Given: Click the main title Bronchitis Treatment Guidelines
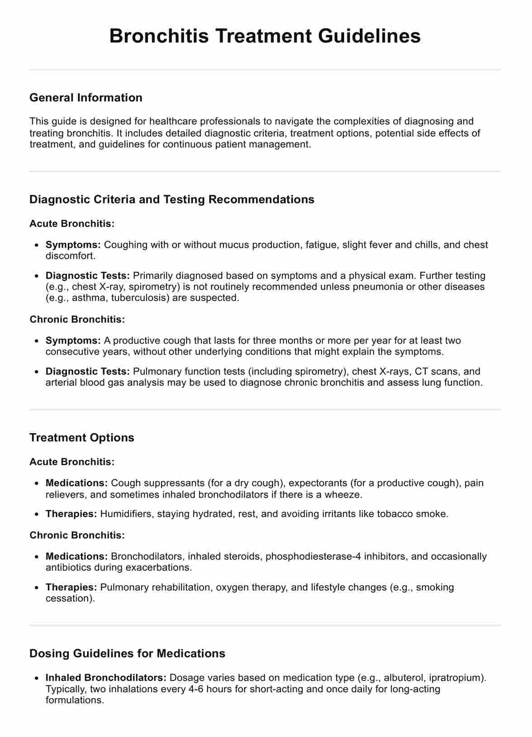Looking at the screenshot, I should [x=265, y=36].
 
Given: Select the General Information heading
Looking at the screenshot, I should [x=86, y=98].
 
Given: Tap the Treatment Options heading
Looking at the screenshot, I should [x=82, y=438].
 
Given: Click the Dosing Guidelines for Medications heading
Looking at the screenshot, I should [x=127, y=653].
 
